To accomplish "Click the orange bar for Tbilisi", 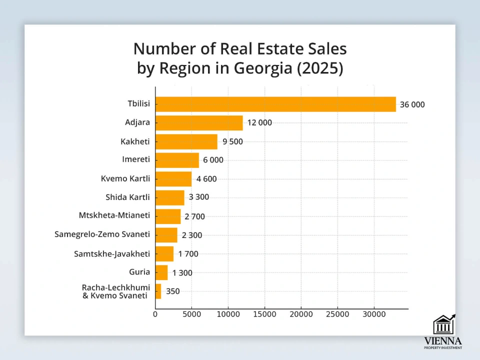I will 275,104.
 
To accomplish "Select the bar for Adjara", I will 199,122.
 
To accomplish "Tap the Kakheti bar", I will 186,141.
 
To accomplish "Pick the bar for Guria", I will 161,272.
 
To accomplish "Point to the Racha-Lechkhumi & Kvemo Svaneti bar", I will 158,291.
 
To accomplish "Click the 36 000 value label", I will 412,104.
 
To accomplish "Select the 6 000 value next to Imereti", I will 213,160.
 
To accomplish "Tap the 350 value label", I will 172,291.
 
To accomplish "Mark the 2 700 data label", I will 194,216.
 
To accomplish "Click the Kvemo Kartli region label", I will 125,178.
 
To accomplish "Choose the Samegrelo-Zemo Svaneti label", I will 102,234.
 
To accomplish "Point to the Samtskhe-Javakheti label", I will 111,253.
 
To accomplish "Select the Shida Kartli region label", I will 127,197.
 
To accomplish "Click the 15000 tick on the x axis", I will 264,314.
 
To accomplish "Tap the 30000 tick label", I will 374,314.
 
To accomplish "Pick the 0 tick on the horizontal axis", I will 155,314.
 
